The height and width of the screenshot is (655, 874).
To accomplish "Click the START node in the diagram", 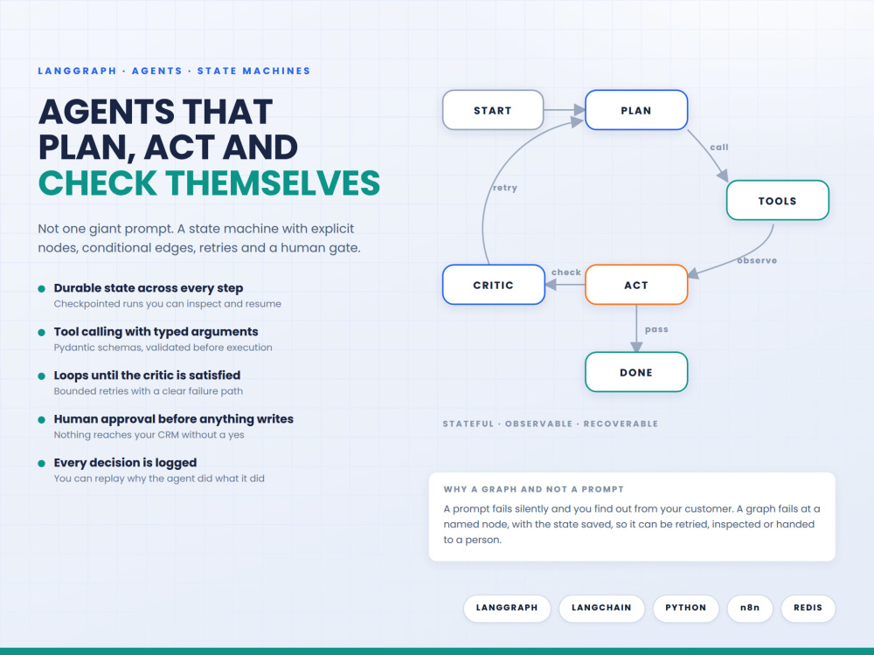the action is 493,110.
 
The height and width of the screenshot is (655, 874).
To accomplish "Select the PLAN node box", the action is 636,110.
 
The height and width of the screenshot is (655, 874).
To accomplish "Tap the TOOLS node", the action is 778,201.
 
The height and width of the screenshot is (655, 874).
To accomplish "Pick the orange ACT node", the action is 636,285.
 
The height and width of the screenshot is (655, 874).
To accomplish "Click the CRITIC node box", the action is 493,285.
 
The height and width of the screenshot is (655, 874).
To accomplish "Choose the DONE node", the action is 636,372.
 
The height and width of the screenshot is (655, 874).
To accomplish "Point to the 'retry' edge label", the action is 505,188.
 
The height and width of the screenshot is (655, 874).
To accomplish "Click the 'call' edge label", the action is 719,147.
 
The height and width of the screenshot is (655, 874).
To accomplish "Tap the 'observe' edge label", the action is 757,260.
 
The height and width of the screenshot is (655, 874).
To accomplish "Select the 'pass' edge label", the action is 656,329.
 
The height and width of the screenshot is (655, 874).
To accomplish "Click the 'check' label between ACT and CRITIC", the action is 566,272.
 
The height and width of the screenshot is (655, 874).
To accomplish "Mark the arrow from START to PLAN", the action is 564,110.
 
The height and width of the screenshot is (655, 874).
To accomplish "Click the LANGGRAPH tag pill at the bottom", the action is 507,608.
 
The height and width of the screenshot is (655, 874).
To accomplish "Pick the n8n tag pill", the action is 750,608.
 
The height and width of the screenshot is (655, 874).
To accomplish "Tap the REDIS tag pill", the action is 808,608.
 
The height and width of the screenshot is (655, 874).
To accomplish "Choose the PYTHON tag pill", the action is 685,608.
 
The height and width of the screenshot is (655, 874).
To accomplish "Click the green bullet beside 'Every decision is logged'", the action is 41,464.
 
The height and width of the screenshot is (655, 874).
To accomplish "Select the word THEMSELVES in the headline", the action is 273,183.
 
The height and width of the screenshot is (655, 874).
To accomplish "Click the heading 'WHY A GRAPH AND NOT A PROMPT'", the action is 533,489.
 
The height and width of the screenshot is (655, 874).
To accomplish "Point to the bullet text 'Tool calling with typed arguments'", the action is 156,332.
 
